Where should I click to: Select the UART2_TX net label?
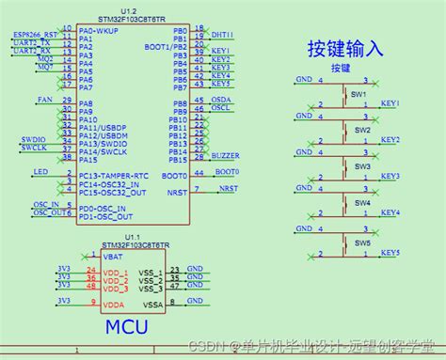(32, 42)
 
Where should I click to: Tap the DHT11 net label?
(223, 35)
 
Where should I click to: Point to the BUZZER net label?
(226, 154)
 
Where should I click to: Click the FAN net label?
(44, 99)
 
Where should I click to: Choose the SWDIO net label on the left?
(33, 139)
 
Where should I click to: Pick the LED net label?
(40, 172)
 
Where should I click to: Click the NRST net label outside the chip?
(229, 188)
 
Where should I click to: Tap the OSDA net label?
(221, 99)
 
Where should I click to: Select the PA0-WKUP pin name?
(99, 31)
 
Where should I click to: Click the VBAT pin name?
(113, 256)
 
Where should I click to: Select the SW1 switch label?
(358, 95)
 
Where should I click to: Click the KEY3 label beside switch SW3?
(390, 176)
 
